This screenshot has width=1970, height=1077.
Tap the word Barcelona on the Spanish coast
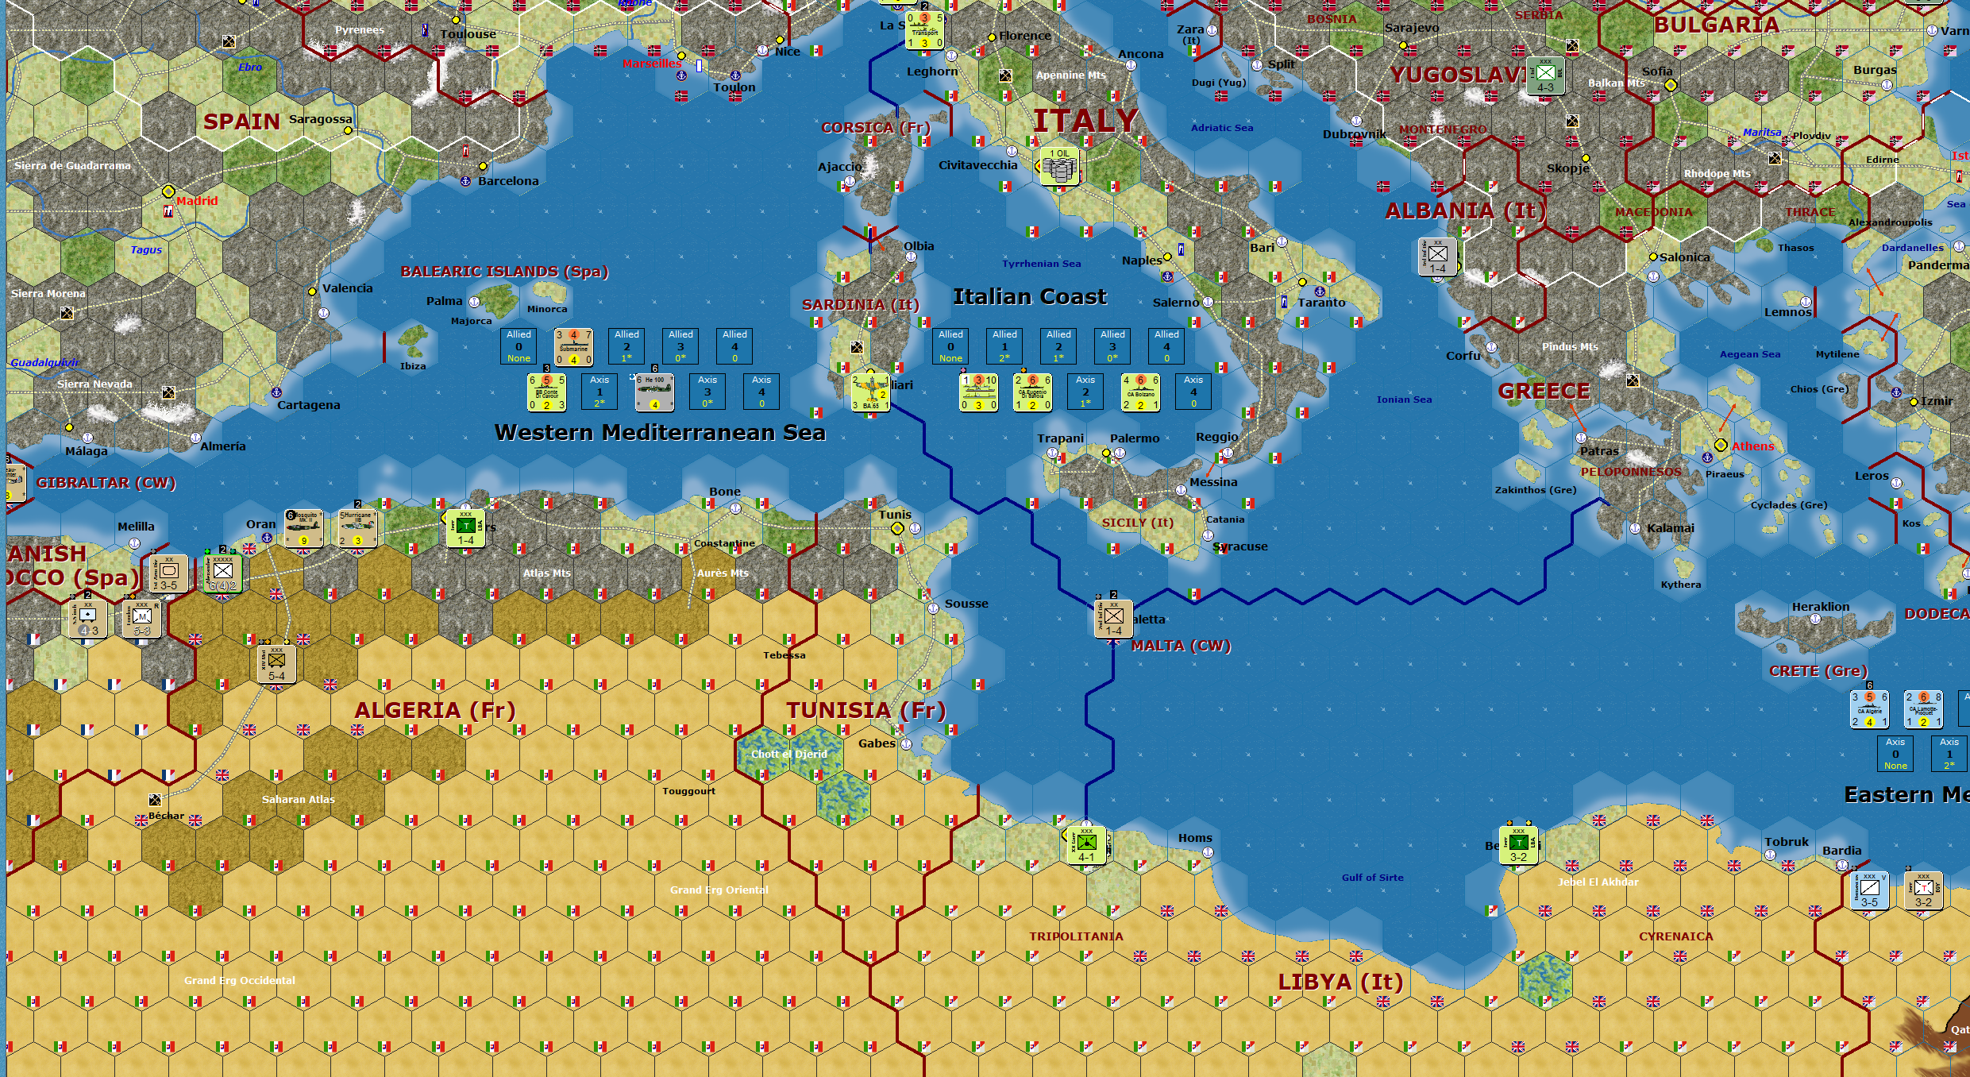[x=508, y=181]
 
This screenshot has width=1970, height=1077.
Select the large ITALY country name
[x=1085, y=122]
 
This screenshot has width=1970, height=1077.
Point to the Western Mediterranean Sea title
[x=660, y=433]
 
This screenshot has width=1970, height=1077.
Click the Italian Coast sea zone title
[x=1029, y=297]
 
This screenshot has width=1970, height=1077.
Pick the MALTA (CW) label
[x=1181, y=646]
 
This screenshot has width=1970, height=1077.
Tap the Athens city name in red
[x=1752, y=446]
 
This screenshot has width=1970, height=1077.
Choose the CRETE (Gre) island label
[x=1818, y=671]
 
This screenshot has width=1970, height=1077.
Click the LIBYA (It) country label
[x=1340, y=982]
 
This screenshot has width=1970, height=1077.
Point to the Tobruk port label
[x=1787, y=842]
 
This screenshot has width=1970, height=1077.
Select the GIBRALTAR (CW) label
[x=106, y=483]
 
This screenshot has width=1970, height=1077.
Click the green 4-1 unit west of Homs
[x=1086, y=846]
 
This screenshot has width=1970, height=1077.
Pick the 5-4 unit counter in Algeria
[x=276, y=664]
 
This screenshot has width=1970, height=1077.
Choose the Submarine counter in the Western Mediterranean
[x=573, y=347]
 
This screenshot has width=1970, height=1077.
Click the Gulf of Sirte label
[x=1372, y=878]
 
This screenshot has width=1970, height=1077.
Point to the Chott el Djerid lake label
[x=788, y=755]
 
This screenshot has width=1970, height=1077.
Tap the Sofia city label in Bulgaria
[x=1657, y=71]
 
